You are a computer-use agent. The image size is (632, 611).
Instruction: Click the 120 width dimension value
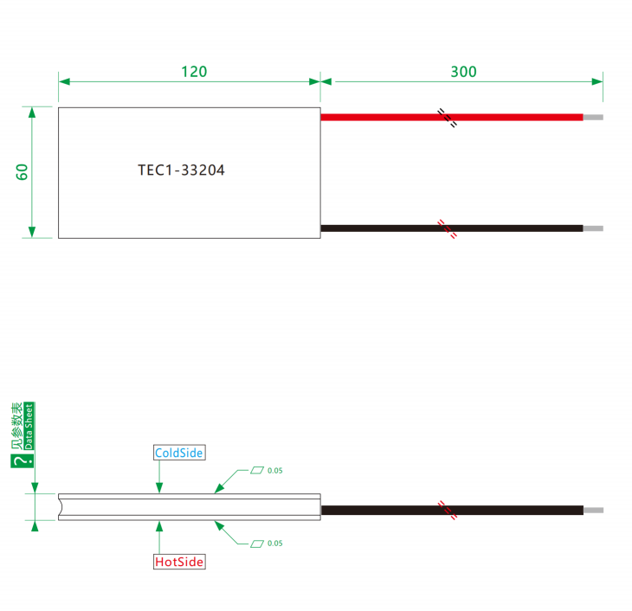point(194,72)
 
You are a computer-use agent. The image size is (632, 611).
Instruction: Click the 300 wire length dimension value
point(463,72)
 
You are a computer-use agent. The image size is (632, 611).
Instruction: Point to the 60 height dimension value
point(22,172)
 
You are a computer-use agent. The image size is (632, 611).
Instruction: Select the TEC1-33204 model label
point(181,170)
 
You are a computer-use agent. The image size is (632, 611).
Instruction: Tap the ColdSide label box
point(179,453)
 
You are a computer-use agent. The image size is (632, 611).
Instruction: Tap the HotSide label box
point(179,562)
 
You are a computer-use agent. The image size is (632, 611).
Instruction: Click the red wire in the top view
point(452,118)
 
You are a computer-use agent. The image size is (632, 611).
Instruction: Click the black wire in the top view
point(452,228)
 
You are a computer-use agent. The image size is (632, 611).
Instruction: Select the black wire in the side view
point(452,511)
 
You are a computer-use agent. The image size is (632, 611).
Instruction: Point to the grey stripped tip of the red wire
point(593,118)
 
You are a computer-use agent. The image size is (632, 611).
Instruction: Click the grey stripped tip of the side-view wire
point(594,511)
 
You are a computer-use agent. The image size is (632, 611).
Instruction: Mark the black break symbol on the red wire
point(448,118)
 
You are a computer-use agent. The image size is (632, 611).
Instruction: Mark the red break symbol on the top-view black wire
point(448,229)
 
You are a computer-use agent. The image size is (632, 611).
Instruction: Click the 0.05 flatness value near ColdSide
point(275,471)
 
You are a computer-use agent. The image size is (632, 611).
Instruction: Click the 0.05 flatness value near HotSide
point(275,543)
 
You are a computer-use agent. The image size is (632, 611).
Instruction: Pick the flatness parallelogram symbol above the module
point(257,470)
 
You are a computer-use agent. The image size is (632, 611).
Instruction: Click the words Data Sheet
point(29,427)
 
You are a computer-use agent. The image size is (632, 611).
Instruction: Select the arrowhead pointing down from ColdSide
point(159,487)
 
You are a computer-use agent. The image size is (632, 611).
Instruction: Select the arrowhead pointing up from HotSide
point(159,526)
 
